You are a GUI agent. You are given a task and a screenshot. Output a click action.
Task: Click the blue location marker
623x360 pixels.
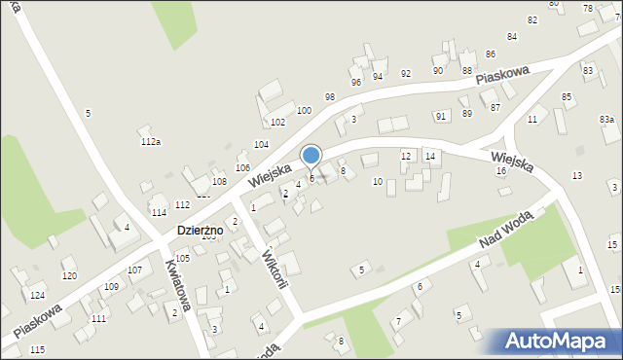click(x=311, y=156)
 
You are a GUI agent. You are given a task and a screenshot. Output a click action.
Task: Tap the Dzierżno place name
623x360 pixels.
click(x=200, y=230)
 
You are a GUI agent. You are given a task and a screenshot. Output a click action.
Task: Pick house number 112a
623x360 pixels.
click(x=150, y=142)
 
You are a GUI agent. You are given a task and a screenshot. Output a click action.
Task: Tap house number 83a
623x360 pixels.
click(x=606, y=119)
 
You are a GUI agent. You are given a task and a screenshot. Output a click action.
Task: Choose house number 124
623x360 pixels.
click(x=37, y=295)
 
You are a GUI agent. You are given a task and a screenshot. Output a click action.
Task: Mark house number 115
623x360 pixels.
click(x=37, y=349)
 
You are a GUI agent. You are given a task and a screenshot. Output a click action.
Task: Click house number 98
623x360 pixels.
click(x=330, y=96)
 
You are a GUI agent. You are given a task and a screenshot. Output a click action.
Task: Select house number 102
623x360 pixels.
click(x=277, y=123)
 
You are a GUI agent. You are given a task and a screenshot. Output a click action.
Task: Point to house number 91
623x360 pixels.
click(x=441, y=117)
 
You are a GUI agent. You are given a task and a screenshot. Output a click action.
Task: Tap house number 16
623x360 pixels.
click(x=500, y=171)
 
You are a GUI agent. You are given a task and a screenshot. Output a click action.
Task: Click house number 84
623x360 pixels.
click(x=512, y=36)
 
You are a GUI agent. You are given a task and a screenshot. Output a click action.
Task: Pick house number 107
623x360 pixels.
click(x=135, y=270)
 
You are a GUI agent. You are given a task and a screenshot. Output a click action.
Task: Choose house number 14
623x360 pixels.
click(x=429, y=156)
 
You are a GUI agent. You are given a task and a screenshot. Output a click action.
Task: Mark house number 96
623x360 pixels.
click(x=356, y=82)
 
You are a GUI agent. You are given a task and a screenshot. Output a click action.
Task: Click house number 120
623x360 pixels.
click(x=69, y=276)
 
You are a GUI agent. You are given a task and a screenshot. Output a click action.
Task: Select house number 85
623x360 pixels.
click(x=567, y=97)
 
